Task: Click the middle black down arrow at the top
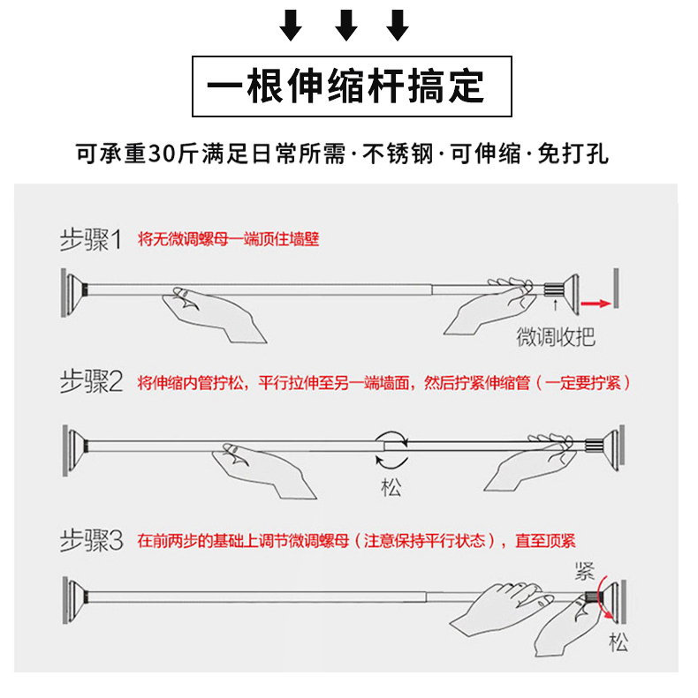point(345,26)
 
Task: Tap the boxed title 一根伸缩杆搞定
point(345,86)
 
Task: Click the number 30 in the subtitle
point(163,154)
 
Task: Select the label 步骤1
point(91,239)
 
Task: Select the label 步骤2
point(91,382)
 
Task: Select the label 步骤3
point(91,540)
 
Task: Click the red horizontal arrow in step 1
point(596,304)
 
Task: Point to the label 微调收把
point(556,336)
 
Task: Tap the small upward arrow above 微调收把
point(555,305)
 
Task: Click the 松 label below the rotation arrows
point(391,487)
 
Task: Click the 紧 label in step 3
point(585,571)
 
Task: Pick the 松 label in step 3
point(618,642)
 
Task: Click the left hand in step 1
point(213,312)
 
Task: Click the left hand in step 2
point(263,469)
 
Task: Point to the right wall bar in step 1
point(616,288)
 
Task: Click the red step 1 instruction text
point(228,239)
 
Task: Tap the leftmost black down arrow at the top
point(291,26)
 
